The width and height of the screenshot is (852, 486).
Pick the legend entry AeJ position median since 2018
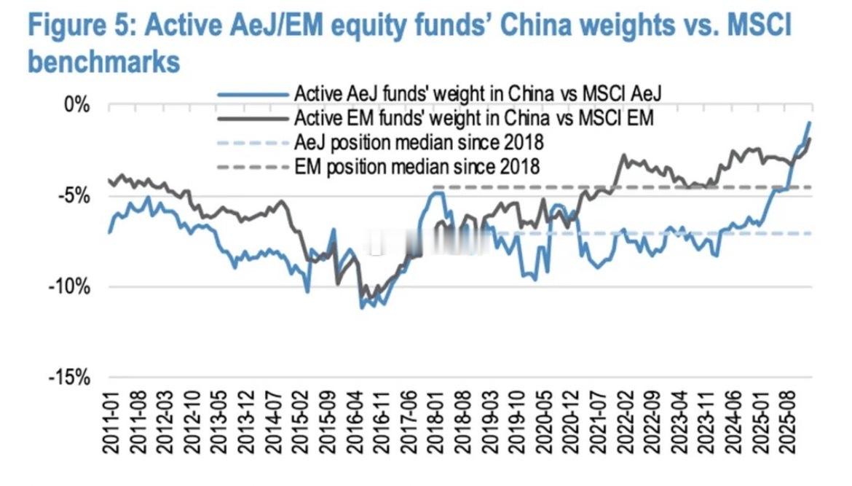[x=419, y=141]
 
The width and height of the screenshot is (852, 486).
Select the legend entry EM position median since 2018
[x=417, y=166]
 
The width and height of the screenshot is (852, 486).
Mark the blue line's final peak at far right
[x=809, y=122]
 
